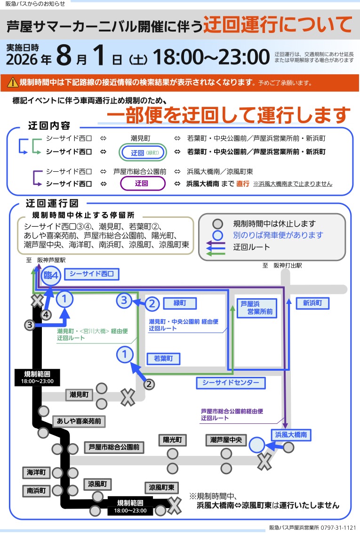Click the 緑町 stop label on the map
coord(180,303)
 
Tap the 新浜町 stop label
coord(312,303)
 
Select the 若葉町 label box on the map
coord(163,358)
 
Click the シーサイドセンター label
coord(231,383)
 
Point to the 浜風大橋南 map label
coord(291,435)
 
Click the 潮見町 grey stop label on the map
coord(79,395)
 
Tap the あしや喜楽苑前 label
coord(79,421)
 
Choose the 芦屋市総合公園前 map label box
coord(114,447)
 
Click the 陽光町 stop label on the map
coord(172,440)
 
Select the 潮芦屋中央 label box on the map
coord(226,440)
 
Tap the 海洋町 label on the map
coord(36,472)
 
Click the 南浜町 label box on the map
coord(36,491)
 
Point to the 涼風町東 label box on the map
coord(162,487)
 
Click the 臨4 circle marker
coord(51,275)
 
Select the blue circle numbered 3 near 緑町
coord(124,301)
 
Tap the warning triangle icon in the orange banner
coord(13,82)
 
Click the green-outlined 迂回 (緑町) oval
coord(143,152)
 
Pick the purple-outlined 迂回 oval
coord(143,183)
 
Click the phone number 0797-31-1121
coord(340,527)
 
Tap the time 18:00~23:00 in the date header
coord(211,57)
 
